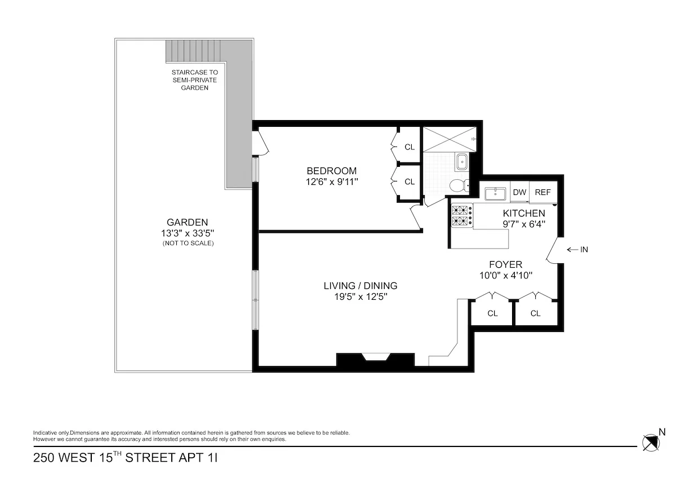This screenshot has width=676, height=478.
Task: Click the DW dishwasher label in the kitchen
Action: pyautogui.click(x=519, y=192)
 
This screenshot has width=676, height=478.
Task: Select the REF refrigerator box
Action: pyautogui.click(x=542, y=192)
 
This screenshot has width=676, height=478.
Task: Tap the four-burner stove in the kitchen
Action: pyautogui.click(x=462, y=215)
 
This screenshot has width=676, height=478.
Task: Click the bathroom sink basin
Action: pyautogui.click(x=462, y=162)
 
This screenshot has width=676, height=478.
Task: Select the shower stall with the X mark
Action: pyautogui.click(x=450, y=138)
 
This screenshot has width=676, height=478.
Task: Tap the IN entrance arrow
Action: pyautogui.click(x=577, y=249)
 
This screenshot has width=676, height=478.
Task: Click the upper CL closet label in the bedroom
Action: pyautogui.click(x=410, y=147)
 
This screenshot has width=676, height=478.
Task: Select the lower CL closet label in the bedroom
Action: pyautogui.click(x=410, y=182)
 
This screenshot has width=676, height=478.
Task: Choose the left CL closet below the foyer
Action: pyautogui.click(x=492, y=313)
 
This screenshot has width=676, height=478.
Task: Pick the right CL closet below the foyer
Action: pyautogui.click(x=535, y=313)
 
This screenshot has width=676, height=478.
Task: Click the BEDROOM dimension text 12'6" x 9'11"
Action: pyautogui.click(x=331, y=182)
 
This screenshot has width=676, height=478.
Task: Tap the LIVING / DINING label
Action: pyautogui.click(x=360, y=285)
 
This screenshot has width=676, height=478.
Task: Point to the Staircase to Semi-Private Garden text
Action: pyautogui.click(x=194, y=80)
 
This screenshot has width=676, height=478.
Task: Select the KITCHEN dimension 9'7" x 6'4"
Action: pyautogui.click(x=524, y=224)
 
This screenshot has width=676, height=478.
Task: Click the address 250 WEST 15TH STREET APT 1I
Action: pyautogui.click(x=125, y=457)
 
